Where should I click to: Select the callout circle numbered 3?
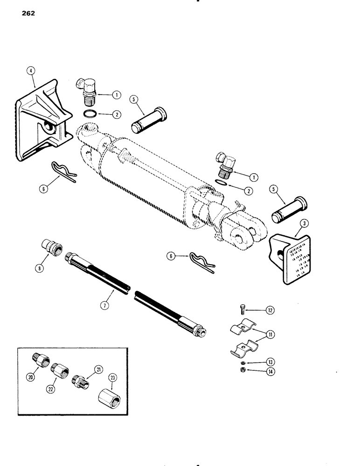coord(303,225)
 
